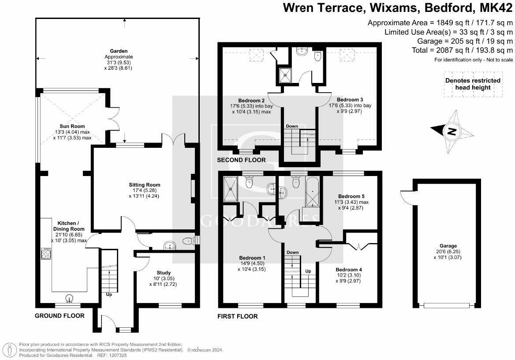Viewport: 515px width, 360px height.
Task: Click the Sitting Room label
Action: tap(144, 185)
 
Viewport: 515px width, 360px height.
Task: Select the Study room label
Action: tap(164, 273)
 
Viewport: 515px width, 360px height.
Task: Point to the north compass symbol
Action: tap(451, 131)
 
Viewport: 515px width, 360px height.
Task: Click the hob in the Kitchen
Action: tap(46, 254)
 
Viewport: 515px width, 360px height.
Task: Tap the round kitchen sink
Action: tap(69, 299)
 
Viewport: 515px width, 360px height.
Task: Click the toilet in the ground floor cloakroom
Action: tap(189, 241)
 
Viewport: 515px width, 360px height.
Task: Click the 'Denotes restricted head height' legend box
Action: tap(473, 84)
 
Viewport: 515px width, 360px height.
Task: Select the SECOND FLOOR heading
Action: tap(241, 160)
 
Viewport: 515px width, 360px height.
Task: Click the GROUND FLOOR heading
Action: tap(60, 315)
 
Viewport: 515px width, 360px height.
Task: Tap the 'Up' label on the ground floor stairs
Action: tap(108, 294)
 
